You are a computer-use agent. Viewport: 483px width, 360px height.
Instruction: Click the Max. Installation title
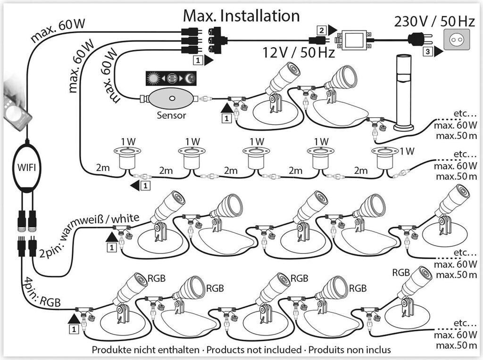(x=241, y=16)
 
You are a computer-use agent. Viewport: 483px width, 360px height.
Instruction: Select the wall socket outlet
(x=457, y=41)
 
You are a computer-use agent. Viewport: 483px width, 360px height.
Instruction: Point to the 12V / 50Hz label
(x=298, y=52)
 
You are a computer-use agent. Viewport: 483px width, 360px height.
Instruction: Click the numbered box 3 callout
(x=426, y=52)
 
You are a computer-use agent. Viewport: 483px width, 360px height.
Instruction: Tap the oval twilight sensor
(x=172, y=99)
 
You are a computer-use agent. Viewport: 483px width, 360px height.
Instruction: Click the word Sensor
(x=171, y=115)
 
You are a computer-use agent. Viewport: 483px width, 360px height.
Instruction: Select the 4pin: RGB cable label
(x=40, y=294)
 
